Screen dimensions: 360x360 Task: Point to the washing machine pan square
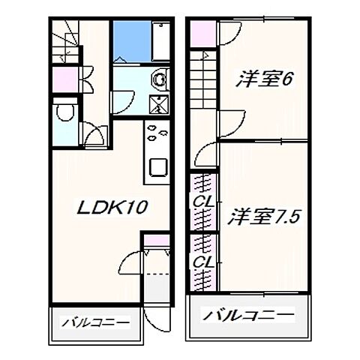pos(158,105)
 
